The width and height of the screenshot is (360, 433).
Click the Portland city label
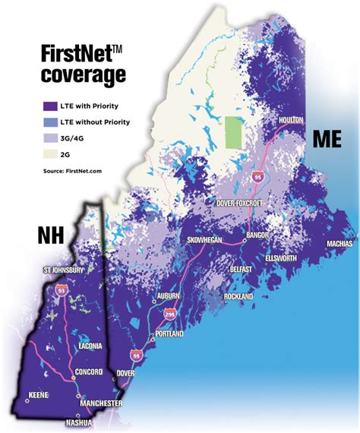click(168, 333)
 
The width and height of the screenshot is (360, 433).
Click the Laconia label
click(93, 346)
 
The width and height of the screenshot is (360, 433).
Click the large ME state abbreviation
click(328, 138)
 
